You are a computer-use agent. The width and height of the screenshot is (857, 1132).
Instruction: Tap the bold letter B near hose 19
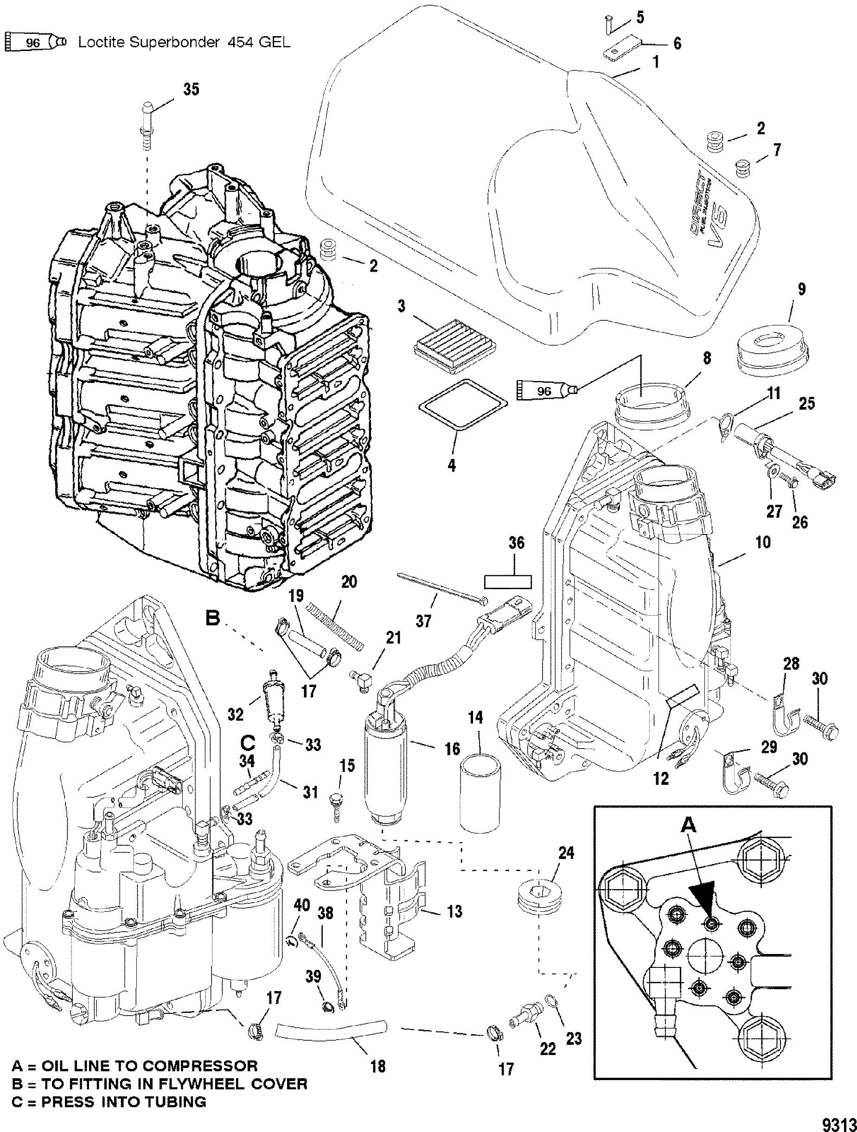pyautogui.click(x=212, y=619)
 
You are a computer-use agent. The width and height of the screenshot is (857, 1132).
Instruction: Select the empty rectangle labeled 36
pyautogui.click(x=508, y=581)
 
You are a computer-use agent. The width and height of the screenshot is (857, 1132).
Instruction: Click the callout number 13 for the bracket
pyautogui.click(x=454, y=910)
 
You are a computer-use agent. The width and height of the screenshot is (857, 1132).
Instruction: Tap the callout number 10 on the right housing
pyautogui.click(x=763, y=542)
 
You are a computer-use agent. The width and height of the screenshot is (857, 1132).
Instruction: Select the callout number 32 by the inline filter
pyautogui.click(x=236, y=714)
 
